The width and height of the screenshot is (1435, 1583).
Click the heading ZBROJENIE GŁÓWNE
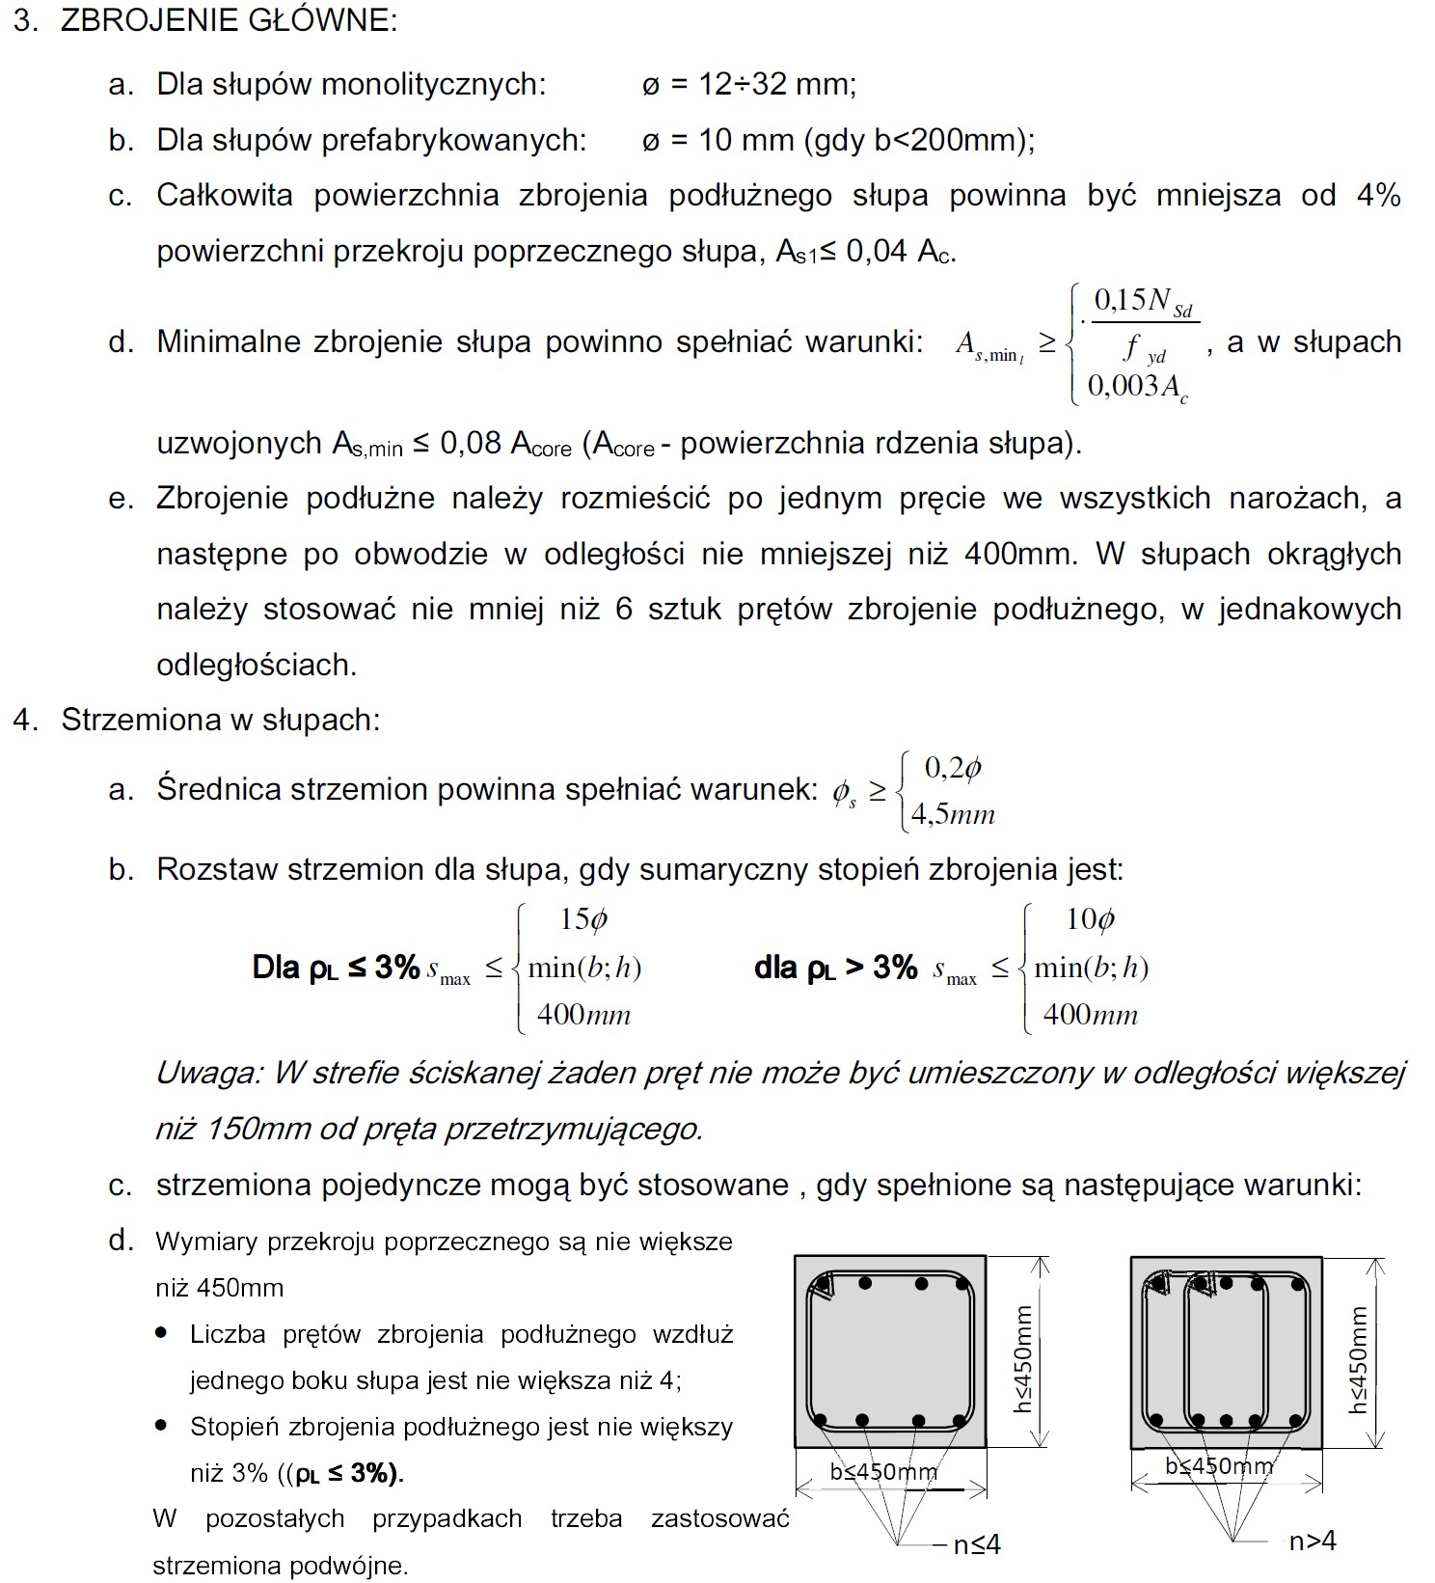click(x=229, y=20)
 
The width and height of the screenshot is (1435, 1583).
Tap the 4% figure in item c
click(x=1378, y=196)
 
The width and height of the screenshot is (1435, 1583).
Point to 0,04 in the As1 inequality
click(x=877, y=252)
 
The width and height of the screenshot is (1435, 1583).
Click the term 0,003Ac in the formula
click(x=1137, y=387)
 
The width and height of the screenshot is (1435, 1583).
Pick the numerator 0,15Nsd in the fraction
click(x=1144, y=302)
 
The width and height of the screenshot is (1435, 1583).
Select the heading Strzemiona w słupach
click(x=221, y=721)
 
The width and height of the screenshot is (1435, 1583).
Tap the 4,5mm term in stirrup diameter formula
click(x=952, y=814)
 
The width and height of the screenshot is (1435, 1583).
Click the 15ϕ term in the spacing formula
click(x=583, y=919)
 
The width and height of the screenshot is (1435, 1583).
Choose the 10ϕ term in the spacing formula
click(x=1090, y=919)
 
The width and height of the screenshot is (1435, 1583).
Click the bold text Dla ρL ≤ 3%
click(x=336, y=968)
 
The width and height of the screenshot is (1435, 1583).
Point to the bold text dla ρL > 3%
click(x=835, y=968)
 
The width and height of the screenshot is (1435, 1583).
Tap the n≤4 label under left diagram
click(x=977, y=1545)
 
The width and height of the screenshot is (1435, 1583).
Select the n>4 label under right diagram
click(x=1313, y=1542)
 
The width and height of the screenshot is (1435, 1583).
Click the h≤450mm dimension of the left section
click(x=1023, y=1359)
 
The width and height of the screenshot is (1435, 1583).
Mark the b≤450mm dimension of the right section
click(x=1219, y=1466)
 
